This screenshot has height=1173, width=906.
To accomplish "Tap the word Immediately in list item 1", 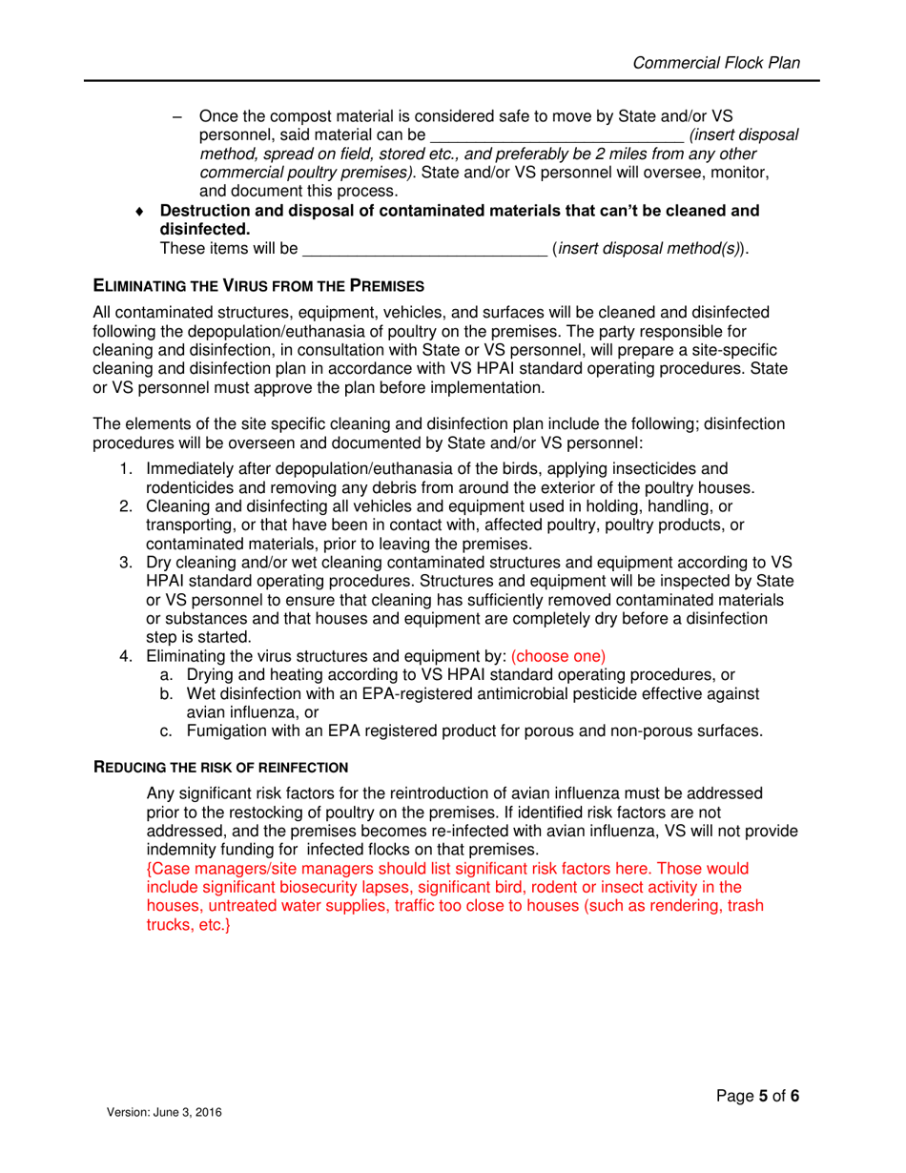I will click(x=193, y=468).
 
